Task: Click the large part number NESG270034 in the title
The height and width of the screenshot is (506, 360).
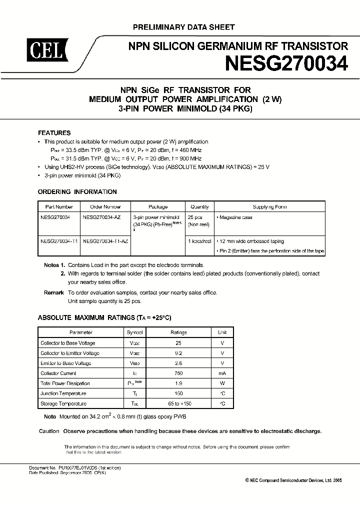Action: tap(286, 65)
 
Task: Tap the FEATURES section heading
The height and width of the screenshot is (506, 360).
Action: tap(54, 133)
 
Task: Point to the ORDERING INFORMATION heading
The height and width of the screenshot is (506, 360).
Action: tap(77, 192)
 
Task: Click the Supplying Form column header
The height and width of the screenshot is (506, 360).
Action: tap(269, 206)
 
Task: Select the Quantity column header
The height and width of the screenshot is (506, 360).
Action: tap(199, 206)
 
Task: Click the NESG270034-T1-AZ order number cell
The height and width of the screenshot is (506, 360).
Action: tap(105, 240)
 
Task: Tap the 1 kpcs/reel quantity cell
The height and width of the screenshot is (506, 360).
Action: tap(199, 240)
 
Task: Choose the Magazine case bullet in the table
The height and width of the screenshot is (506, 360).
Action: tap(235, 217)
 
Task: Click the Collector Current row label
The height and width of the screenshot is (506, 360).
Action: tap(58, 373)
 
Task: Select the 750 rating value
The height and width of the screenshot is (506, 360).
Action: tap(178, 373)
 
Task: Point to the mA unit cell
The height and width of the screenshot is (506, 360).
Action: tap(222, 373)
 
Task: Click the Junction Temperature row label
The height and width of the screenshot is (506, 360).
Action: tap(63, 393)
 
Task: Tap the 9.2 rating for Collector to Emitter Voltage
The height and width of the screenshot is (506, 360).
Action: tap(178, 353)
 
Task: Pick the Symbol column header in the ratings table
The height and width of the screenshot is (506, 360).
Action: tap(134, 332)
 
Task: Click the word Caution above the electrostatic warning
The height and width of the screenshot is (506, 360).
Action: tap(49, 431)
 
